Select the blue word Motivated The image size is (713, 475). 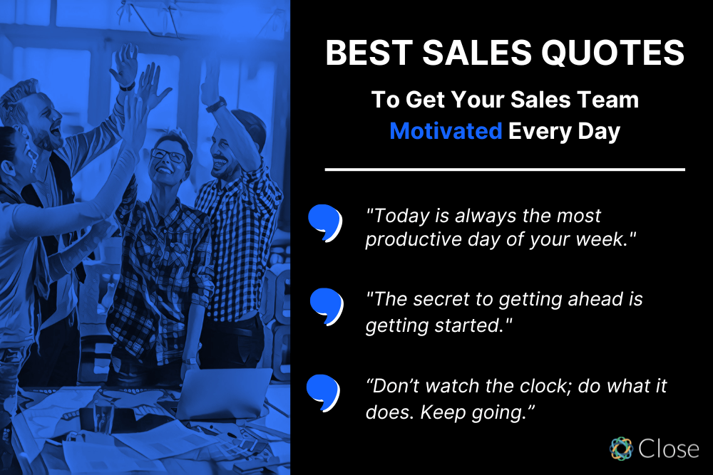tap(446, 132)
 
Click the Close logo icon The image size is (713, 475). tap(621, 449)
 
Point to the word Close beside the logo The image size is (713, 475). tap(670, 449)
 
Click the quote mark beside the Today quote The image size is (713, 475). tap(324, 222)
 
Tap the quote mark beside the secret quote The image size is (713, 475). tap(327, 305)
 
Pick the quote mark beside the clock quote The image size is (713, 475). tap(323, 392)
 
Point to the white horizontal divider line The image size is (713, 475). tap(505, 169)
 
